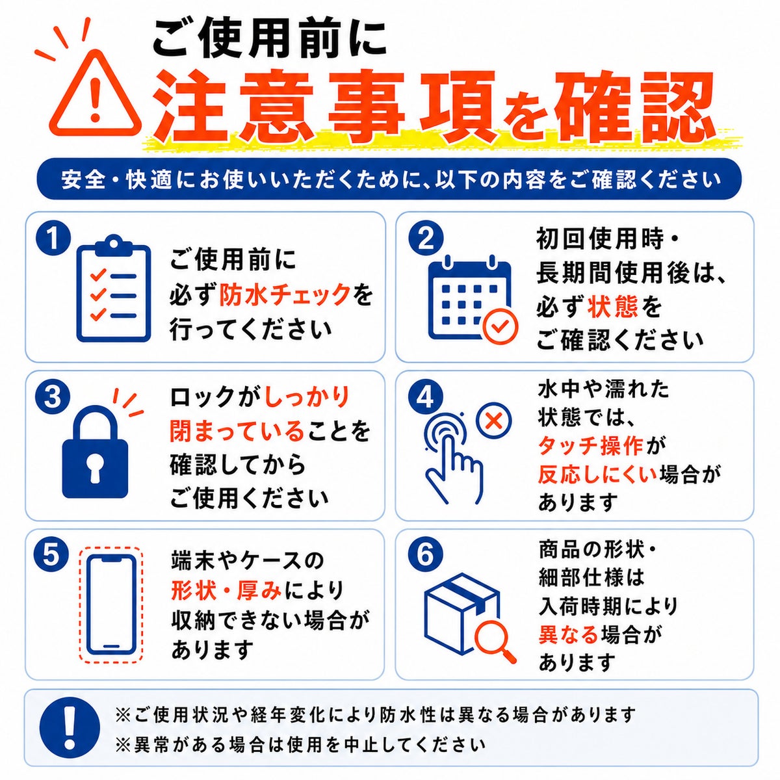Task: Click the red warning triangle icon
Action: point(96,95)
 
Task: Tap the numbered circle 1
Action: point(53,239)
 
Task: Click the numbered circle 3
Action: point(53,396)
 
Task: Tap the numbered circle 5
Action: point(53,555)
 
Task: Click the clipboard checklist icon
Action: point(114,289)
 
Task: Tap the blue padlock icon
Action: point(96,452)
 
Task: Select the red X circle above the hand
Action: point(494,421)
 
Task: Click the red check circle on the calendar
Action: point(500,326)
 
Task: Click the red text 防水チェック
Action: point(285,294)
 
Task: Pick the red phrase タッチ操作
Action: point(591,446)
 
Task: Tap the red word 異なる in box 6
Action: point(568,635)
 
